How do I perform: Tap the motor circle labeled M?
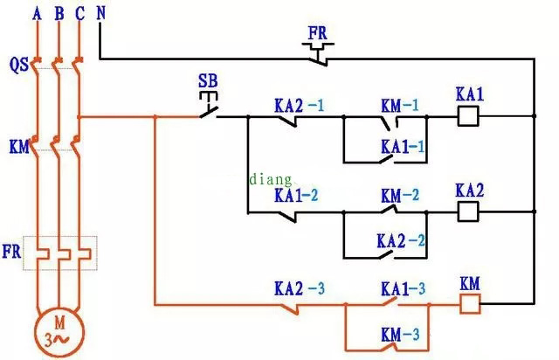point(58,329)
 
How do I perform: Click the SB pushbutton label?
point(208,80)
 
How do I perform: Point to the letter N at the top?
point(100,13)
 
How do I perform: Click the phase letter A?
point(36,13)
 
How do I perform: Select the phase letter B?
point(59,13)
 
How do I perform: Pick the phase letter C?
point(80,13)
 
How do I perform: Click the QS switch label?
point(17,64)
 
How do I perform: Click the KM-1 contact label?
point(399,105)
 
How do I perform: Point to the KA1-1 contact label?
point(403,147)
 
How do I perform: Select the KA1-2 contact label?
point(296,195)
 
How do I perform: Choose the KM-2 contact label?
point(400,196)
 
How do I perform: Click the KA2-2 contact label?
point(401,239)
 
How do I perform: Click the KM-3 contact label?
point(403,333)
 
